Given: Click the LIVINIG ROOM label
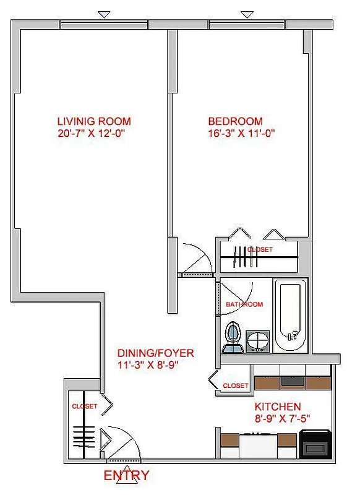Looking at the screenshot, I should click(x=94, y=121).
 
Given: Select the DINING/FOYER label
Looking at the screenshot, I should click(x=156, y=353).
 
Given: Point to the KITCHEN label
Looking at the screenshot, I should click(x=278, y=407).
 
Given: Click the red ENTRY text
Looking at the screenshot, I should click(x=126, y=476).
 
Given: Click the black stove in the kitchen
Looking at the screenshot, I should click(x=315, y=444).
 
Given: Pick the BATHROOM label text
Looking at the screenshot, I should click(x=244, y=304).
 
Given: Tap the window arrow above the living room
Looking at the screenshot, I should click(x=105, y=14).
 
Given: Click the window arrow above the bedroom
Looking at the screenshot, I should click(x=247, y=14).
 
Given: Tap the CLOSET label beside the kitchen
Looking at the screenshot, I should click(x=235, y=385).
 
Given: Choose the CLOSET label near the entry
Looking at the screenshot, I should click(x=84, y=407).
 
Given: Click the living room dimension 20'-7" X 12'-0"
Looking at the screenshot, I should click(x=94, y=132).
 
